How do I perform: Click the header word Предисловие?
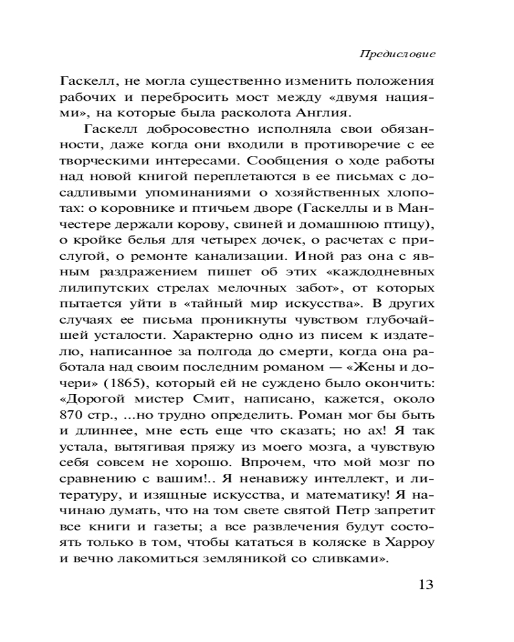(397, 55)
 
